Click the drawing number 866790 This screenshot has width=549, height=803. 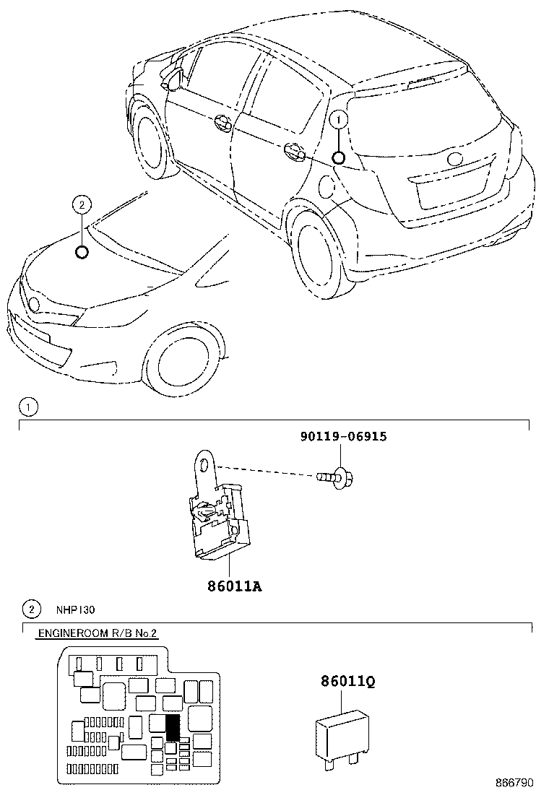coord(514,783)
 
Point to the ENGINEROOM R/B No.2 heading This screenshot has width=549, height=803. coord(96,633)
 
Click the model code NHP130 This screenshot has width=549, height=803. coord(76,609)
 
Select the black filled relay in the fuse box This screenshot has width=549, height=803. coord(172,727)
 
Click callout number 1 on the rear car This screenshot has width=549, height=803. coord(339,120)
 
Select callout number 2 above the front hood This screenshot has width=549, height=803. coord(82,206)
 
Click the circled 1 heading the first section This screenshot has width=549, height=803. coord(27,408)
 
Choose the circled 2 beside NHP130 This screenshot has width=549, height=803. coord(30,609)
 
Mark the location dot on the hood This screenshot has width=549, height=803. coord(82,251)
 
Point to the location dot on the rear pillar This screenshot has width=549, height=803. coord(339,158)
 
